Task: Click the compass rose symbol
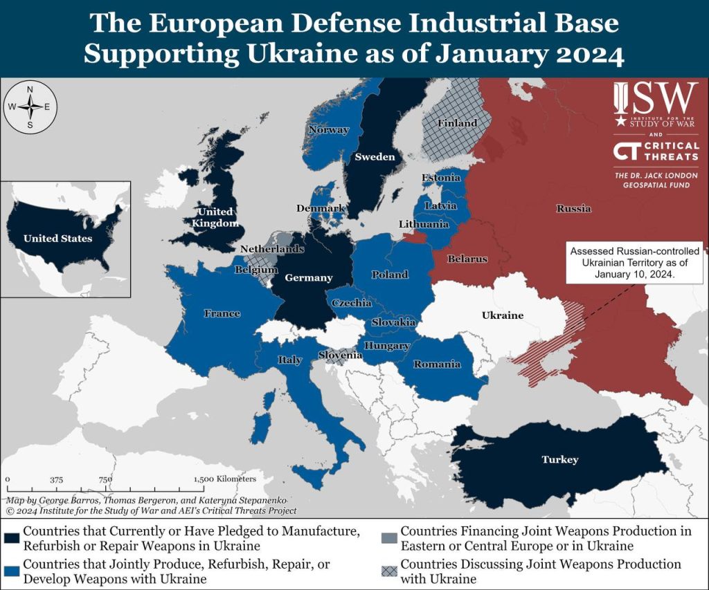[30, 107]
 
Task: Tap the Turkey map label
[559, 459]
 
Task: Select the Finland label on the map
[457, 123]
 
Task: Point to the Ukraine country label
[502, 315]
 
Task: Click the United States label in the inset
[57, 239]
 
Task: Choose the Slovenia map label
[340, 355]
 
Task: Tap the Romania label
[436, 364]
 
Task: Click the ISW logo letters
[656, 100]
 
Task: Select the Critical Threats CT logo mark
[627, 152]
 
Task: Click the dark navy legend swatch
[12, 537]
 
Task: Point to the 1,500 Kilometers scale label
[225, 479]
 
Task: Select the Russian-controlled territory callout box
[634, 263]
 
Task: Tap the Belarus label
[467, 259]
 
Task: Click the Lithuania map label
[423, 224]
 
